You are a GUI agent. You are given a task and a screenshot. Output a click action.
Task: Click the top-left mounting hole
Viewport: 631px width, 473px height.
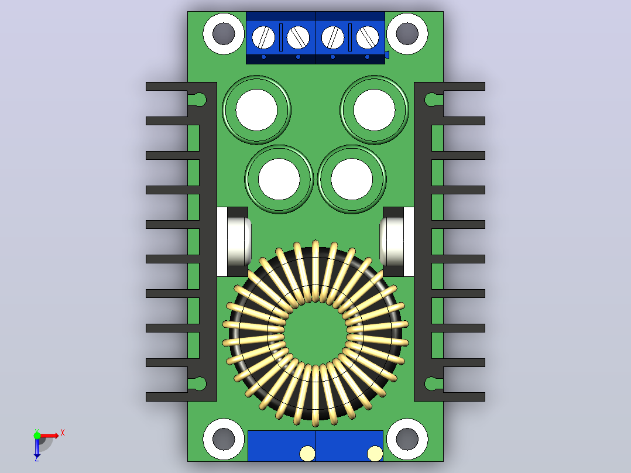click(x=224, y=33)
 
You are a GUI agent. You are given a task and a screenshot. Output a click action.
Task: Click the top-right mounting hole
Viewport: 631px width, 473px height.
click(x=407, y=33)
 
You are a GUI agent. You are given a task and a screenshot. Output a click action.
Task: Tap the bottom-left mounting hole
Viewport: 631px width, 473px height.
click(x=224, y=439)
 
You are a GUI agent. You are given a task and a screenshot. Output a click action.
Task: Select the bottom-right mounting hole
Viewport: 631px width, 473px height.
click(x=407, y=439)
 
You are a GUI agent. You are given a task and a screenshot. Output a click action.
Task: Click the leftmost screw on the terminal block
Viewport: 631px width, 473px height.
click(x=263, y=37)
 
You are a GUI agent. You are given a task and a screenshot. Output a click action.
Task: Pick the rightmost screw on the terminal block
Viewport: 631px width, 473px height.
click(x=367, y=37)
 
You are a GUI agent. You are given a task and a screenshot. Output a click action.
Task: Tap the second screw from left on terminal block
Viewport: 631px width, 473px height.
click(x=298, y=37)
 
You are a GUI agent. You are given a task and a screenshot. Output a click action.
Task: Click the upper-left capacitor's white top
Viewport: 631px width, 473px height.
click(x=256, y=110)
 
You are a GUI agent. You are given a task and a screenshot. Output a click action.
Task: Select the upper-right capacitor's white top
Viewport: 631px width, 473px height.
click(x=374, y=110)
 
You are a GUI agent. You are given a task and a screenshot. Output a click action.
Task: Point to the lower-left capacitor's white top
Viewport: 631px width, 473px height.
click(x=279, y=179)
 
